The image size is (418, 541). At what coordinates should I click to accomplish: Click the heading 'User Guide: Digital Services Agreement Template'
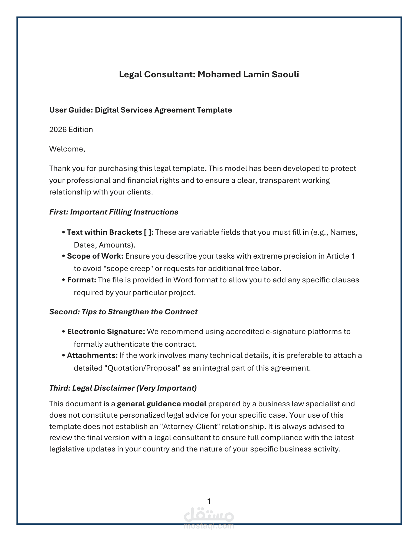[140, 110]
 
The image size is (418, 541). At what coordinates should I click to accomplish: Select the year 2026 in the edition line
[58, 130]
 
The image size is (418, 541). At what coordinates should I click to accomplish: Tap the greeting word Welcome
[67, 149]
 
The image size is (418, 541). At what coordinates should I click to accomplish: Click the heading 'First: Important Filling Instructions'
[114, 212]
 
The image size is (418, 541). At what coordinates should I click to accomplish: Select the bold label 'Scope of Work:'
[95, 256]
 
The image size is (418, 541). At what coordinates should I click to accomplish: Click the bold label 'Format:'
[82, 280]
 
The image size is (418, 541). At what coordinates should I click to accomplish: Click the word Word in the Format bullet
[182, 280]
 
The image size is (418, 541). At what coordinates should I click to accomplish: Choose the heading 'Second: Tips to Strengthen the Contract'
[123, 312]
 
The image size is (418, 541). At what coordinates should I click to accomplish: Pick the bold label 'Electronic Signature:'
[106, 332]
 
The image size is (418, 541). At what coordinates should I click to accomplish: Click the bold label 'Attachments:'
[92, 355]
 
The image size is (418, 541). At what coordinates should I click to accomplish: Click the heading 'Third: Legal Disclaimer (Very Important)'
[123, 388]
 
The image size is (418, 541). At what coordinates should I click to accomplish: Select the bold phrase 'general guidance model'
[162, 404]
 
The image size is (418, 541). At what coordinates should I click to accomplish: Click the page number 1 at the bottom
[209, 501]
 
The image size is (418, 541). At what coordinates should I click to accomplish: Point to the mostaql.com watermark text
[209, 526]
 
